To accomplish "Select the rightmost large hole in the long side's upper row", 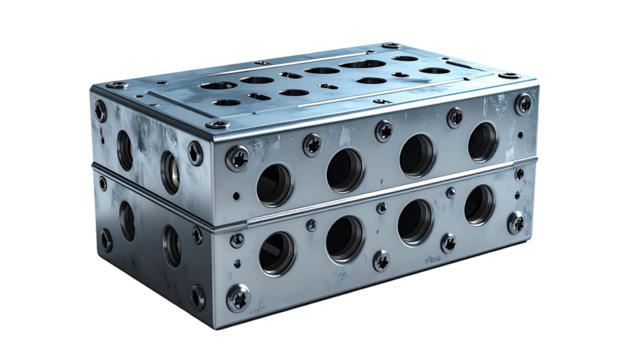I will pos(483,142).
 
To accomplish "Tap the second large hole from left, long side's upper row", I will pos(345,170).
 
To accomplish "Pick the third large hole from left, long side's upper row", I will pos(417,155).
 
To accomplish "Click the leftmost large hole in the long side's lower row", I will pos(276,254).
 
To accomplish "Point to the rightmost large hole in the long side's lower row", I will pos(480,204).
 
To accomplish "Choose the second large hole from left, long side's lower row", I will pos(345,238).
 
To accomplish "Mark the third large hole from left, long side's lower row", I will pos(415,221).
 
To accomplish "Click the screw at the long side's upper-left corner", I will pos(238,157).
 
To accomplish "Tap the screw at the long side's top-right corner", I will pos(524,103).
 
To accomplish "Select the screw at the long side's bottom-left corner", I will pos(238,297).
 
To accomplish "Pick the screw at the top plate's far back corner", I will pos(390,46).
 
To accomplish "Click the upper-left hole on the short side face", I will pos(125,150).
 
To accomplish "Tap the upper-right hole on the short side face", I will pos(171,171).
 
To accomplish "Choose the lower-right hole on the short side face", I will pos(172,244).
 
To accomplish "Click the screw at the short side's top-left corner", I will pos(101,111).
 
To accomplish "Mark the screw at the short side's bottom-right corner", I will pos(198,297).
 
